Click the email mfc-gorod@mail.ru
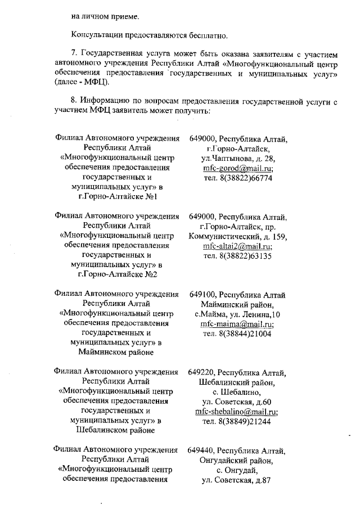coord(238,168)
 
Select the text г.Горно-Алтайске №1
coord(118,196)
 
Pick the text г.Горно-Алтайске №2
coord(118,274)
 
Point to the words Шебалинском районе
coord(118,430)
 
